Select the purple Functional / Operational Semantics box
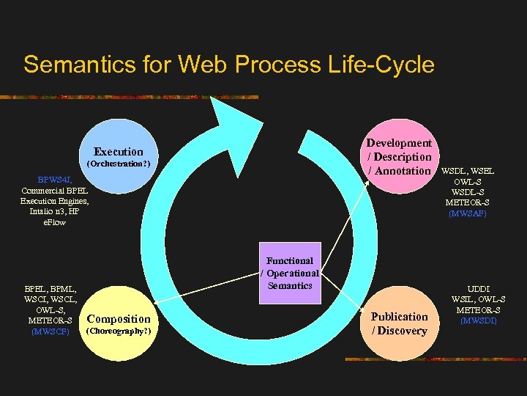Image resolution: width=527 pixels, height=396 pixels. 290,273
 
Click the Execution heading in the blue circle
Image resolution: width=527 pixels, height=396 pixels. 119,152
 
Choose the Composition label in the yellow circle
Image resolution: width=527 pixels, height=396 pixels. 119,318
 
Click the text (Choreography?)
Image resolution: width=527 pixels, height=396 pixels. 119,331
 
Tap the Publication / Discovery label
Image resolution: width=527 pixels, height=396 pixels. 399,323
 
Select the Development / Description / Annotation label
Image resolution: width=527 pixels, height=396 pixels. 399,157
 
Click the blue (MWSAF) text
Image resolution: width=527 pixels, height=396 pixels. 467,213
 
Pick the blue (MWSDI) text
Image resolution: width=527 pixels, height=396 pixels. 480,320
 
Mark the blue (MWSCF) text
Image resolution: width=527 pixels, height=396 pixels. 51,331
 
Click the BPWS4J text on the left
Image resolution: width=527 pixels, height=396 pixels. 55,179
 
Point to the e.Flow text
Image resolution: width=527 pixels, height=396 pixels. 55,221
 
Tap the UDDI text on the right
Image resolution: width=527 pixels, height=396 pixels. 479,289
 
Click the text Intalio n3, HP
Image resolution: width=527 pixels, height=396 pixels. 55,211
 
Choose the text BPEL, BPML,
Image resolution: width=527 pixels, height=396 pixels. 51,289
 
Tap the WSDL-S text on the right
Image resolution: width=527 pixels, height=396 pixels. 467,192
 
